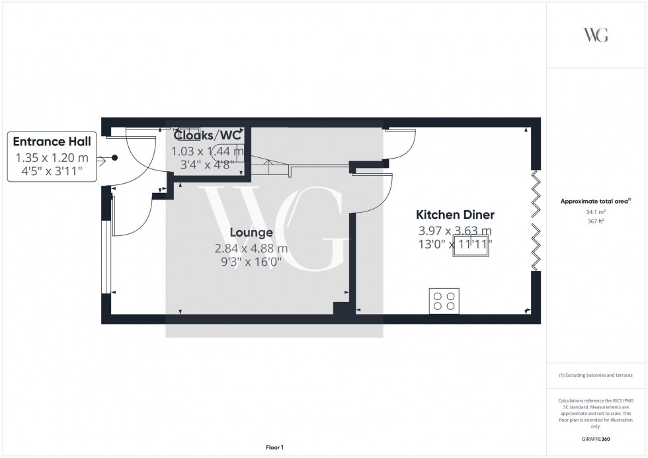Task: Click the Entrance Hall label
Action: pos(52,141)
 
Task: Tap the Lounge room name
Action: pos(251,233)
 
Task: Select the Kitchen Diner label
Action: pos(455,215)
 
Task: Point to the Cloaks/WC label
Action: pos(208,135)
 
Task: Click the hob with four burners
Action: pos(444,301)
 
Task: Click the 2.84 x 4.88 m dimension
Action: pos(251,248)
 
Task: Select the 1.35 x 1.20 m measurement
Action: pos(52,159)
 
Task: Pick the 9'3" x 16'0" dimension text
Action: pos(251,262)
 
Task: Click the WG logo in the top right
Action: pos(596,35)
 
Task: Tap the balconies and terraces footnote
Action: pos(596,375)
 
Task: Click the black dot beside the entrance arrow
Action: pos(114,158)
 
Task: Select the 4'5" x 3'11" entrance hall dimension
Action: pos(52,173)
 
